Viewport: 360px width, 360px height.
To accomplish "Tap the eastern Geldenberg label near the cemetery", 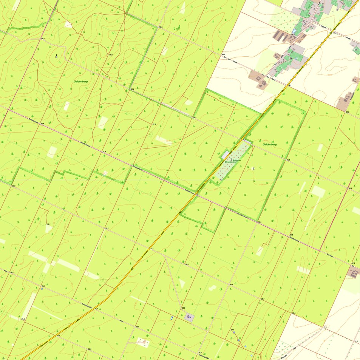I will click(269, 144).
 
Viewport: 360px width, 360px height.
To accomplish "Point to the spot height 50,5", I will click(161, 27).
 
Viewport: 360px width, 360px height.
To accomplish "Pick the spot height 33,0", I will click(14, 186).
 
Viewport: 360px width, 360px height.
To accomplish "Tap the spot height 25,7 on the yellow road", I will click(96, 309).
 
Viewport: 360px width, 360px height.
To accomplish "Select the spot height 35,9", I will click(288, 160).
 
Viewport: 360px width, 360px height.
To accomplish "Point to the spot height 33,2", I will click(260, 222).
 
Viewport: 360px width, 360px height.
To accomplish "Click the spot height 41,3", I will click(335, 33).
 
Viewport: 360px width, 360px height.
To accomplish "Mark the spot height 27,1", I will click(325, 327).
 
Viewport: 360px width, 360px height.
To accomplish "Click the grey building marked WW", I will click(189, 317).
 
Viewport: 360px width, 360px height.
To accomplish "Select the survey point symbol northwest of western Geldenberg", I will click(56, 56).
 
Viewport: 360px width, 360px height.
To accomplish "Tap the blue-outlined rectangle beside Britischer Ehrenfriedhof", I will click(225, 155).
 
